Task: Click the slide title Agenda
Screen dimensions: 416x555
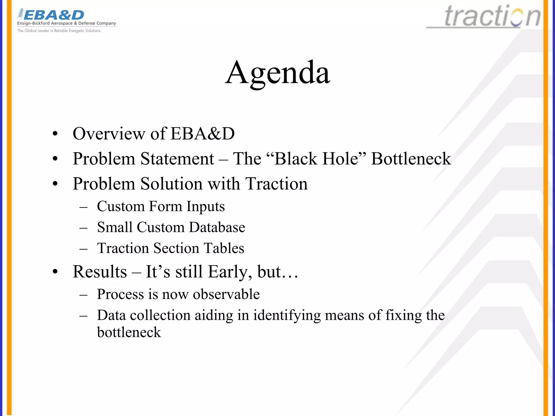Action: [x=277, y=73]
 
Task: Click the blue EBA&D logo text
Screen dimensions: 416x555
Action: [x=54, y=15]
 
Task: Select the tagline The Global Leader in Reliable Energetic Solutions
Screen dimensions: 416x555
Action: [x=59, y=31]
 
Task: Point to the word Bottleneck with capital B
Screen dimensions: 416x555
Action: [x=411, y=159]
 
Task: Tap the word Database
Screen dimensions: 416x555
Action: [x=217, y=227]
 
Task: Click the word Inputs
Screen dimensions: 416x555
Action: [x=205, y=207]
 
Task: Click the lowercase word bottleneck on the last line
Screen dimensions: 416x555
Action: [x=129, y=332]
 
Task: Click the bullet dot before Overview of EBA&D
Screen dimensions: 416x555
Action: [x=55, y=134]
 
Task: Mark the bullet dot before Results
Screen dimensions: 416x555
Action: [x=55, y=272]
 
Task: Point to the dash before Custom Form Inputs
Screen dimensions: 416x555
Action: [x=83, y=207]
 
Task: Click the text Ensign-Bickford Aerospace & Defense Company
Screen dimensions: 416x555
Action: [x=67, y=23]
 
